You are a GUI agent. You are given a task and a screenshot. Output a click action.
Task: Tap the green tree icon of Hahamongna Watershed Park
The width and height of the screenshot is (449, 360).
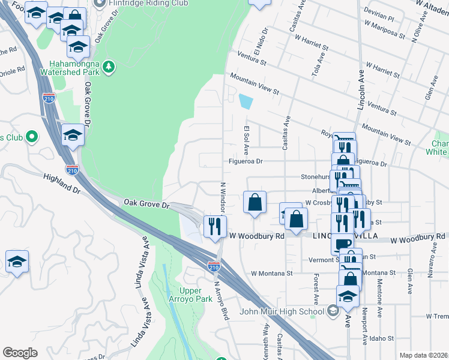click(x=109, y=67)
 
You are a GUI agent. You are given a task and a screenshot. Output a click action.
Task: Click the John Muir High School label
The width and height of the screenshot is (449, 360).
click(x=282, y=311)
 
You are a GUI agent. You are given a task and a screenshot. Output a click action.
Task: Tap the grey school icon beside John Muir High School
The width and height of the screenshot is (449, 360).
click(x=333, y=311)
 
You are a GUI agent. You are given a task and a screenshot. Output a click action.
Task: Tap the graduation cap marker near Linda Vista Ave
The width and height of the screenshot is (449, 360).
click(x=17, y=262)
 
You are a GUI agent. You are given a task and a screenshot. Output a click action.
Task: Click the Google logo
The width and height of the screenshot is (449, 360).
click(x=20, y=353)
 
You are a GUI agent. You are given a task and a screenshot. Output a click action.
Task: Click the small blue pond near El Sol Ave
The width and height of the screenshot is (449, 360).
click(x=245, y=101)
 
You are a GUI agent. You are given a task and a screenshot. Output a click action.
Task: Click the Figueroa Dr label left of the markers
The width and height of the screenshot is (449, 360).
click(x=246, y=161)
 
